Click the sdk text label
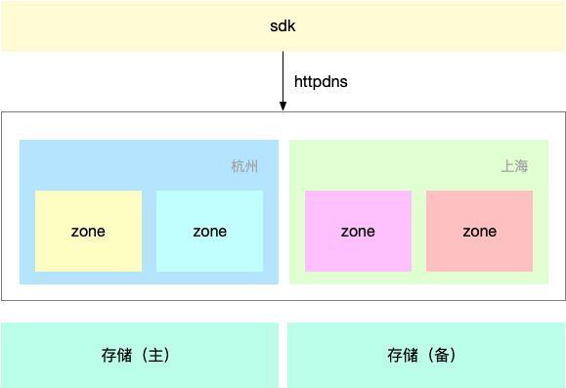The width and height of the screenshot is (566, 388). [283, 25]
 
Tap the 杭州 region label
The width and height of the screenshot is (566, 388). [244, 166]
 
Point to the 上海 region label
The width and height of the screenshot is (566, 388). [514, 166]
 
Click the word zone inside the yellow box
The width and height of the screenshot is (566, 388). [88, 232]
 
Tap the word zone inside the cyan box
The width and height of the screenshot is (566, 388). [209, 232]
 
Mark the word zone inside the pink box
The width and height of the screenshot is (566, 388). [358, 232]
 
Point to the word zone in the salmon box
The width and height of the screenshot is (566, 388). [479, 232]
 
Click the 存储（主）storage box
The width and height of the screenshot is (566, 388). [59, 355]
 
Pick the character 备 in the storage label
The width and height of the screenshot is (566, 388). [441, 355]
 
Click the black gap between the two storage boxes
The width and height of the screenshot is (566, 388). [283, 355]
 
